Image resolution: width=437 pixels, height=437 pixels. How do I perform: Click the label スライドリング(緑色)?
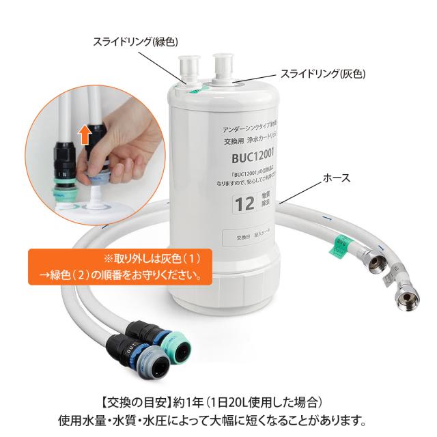click(137, 42)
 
